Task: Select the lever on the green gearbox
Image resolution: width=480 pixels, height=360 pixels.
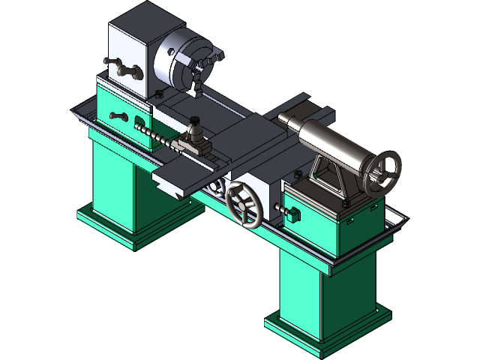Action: [118, 115]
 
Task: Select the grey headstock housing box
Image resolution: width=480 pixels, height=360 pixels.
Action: [131, 49]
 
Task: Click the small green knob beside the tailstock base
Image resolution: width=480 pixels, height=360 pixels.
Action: [293, 215]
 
